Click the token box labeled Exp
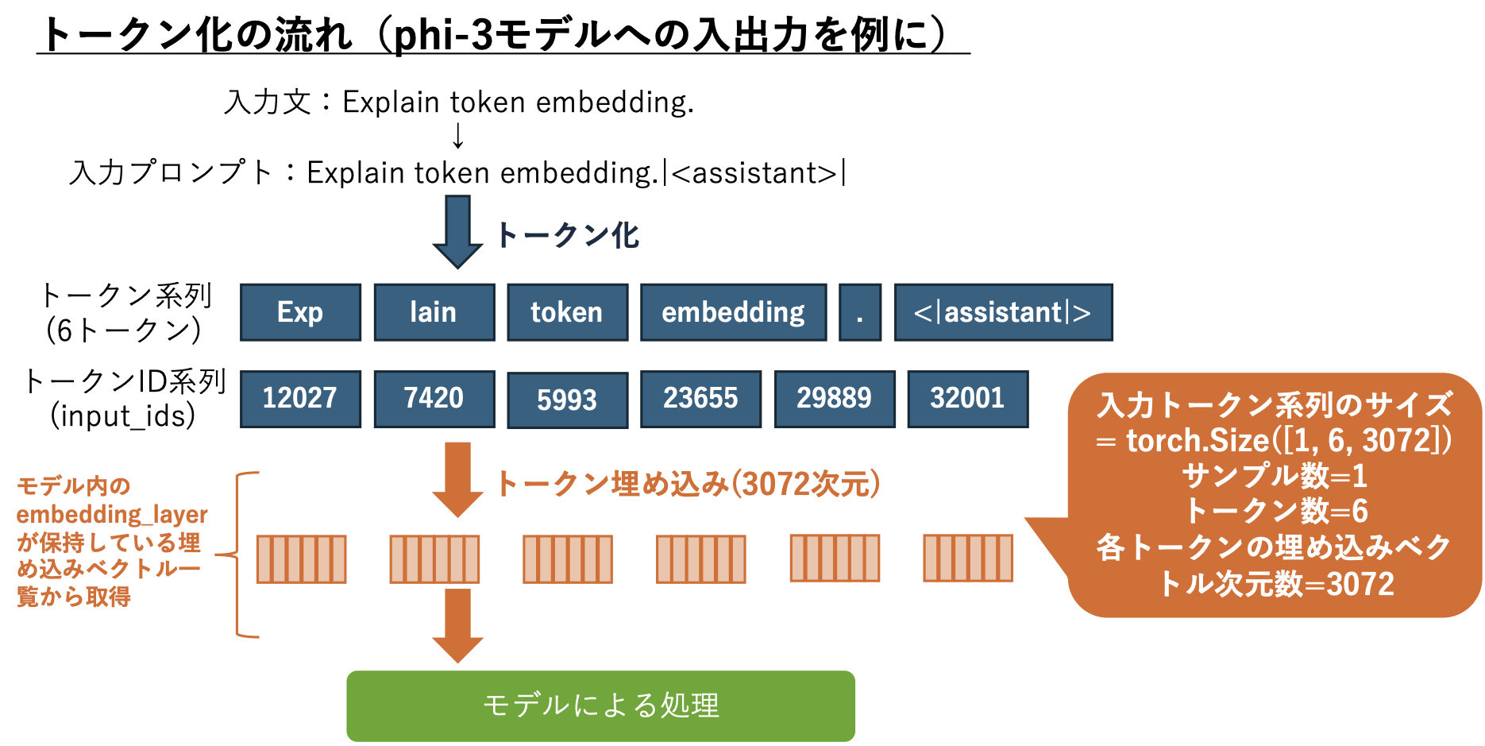[x=300, y=312]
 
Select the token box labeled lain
[x=434, y=312]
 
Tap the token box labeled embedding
[x=733, y=312]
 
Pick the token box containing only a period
[x=860, y=312]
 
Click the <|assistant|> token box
[x=1003, y=312]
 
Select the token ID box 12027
[x=300, y=399]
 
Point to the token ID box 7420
[x=434, y=399]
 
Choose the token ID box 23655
[x=700, y=399]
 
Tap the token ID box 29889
[x=835, y=399]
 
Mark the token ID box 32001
[x=967, y=399]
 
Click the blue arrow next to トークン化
[x=457, y=233]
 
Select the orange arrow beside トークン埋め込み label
[x=457, y=480]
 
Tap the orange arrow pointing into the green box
[x=457, y=626]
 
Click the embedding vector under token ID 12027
[x=302, y=559]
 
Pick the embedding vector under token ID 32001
[x=967, y=559]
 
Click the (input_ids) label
[x=123, y=416]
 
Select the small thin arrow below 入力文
[x=457, y=136]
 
